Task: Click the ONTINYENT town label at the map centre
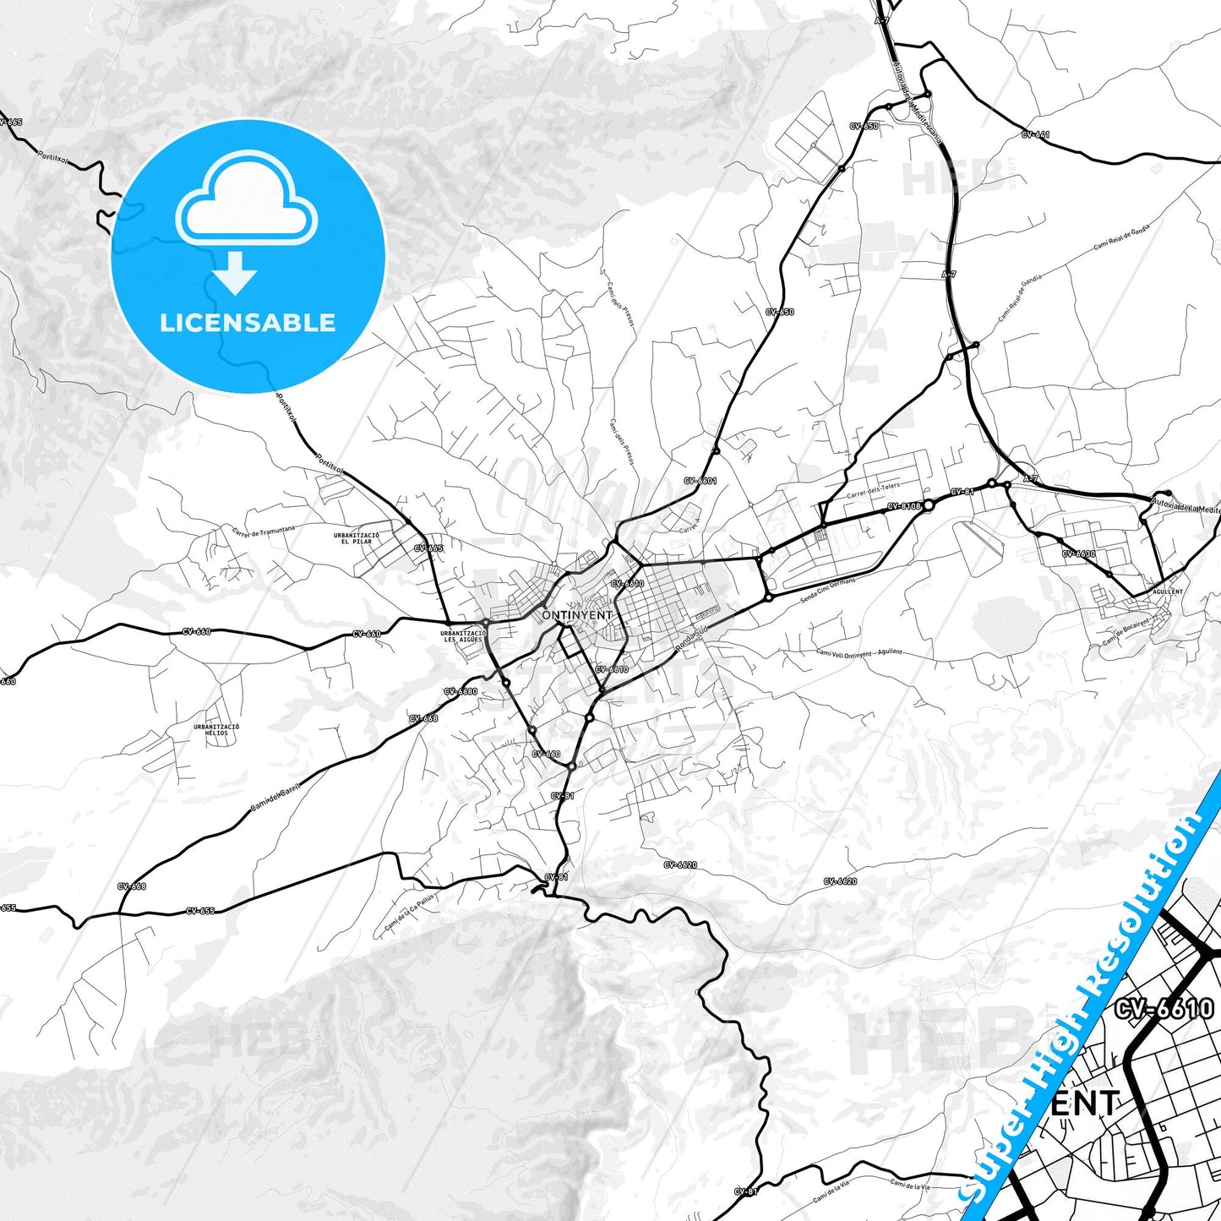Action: click(x=577, y=615)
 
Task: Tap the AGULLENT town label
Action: click(x=1167, y=591)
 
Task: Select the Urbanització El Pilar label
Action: click(x=356, y=538)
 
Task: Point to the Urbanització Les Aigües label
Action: click(x=463, y=636)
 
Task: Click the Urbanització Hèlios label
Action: click(x=216, y=729)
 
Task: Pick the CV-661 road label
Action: click(x=1035, y=134)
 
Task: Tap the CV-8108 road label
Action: click(x=903, y=507)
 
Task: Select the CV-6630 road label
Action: click(x=1079, y=554)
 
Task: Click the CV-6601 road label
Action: click(x=700, y=481)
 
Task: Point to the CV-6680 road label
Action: click(x=461, y=691)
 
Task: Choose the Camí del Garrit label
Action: click(x=275, y=799)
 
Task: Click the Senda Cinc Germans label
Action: click(x=827, y=591)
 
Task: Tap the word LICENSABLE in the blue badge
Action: click(x=248, y=323)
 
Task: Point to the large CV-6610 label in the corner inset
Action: click(x=1164, y=1009)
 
